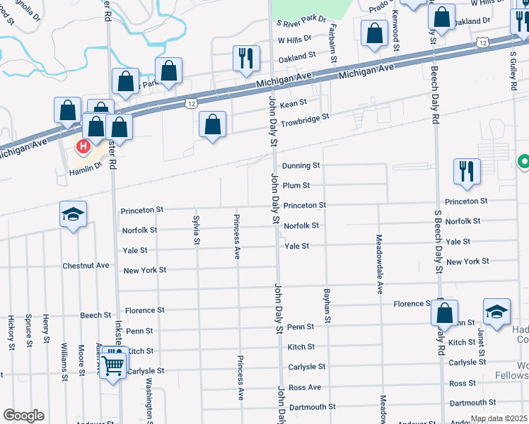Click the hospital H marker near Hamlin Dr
tap(83, 147)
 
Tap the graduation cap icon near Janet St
tap(496, 311)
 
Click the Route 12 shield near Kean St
tap(191, 103)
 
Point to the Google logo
tap(23, 416)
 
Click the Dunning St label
tap(301, 165)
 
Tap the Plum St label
tap(296, 185)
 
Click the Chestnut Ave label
tap(86, 266)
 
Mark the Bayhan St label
tap(327, 306)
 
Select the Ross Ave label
tap(305, 387)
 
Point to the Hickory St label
tap(11, 333)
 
